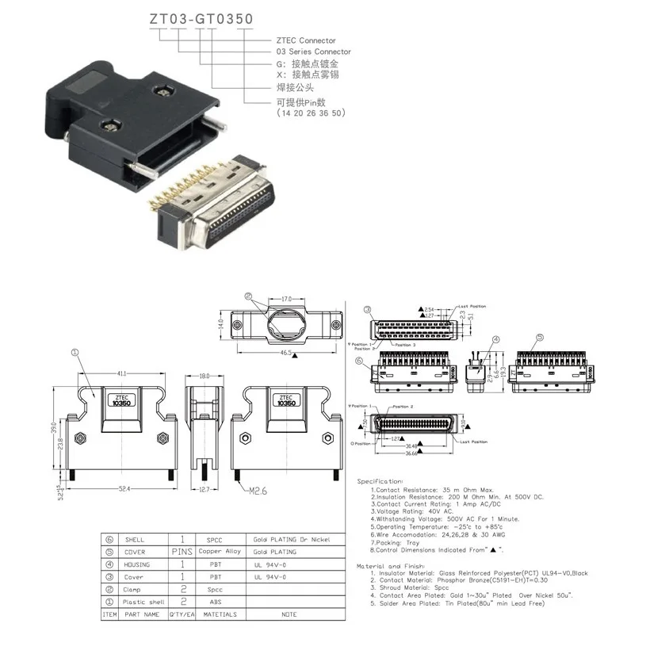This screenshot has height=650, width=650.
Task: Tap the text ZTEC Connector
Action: coord(305,40)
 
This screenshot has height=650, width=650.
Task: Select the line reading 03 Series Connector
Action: coord(313,52)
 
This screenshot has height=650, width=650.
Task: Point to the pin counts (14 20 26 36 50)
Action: coord(310,113)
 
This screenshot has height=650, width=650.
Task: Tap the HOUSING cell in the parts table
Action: coord(136,564)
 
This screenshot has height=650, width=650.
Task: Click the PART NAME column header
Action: coord(140,614)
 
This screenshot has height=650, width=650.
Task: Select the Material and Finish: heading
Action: coord(394,566)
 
